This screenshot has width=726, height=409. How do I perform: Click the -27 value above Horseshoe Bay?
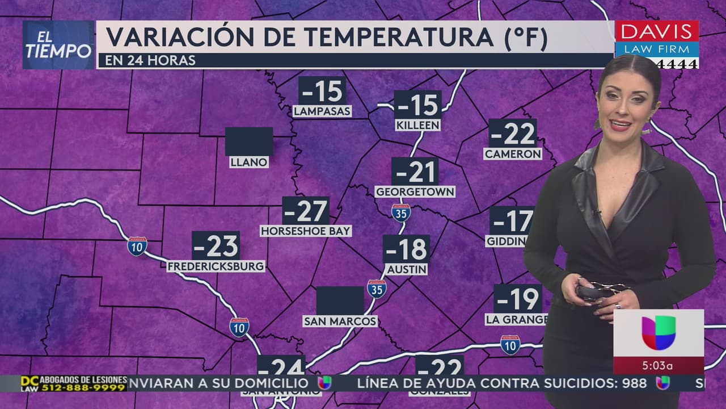pos(306,212)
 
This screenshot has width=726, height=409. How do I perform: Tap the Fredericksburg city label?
pos(216,266)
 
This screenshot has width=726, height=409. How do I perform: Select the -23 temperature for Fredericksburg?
pos(216,246)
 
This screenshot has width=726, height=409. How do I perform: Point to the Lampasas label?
pos(322,111)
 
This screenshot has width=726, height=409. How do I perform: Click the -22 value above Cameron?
pos(513,134)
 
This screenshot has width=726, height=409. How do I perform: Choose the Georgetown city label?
pos(415,192)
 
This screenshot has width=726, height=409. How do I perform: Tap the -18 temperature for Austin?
pos(406,249)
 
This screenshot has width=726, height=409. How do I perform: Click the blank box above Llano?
pos(249,141)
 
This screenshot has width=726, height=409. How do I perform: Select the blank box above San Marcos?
pos(340,301)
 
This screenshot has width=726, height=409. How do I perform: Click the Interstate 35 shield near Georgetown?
pos(400,212)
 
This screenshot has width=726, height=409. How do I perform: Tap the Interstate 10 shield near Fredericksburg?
pos(137,246)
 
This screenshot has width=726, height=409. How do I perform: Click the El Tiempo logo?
pos(58,45)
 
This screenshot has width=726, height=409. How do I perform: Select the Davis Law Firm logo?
pos(657,40)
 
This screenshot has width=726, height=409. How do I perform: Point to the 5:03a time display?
pos(659,365)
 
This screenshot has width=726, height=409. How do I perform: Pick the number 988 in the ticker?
pos(634,383)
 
